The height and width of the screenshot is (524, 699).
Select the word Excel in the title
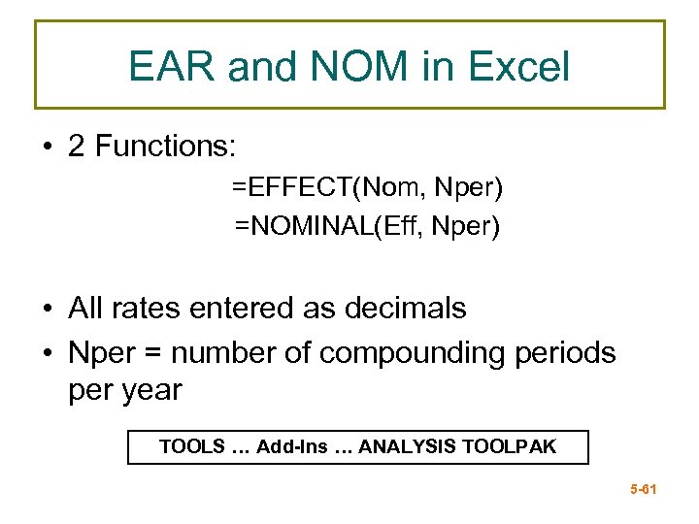(x=519, y=67)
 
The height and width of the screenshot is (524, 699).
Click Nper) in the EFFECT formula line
(x=468, y=185)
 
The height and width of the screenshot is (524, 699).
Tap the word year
(x=156, y=390)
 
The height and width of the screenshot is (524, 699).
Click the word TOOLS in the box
(x=190, y=447)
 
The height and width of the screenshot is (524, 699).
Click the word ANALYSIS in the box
(x=408, y=447)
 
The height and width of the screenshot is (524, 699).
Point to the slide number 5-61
(x=644, y=490)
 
